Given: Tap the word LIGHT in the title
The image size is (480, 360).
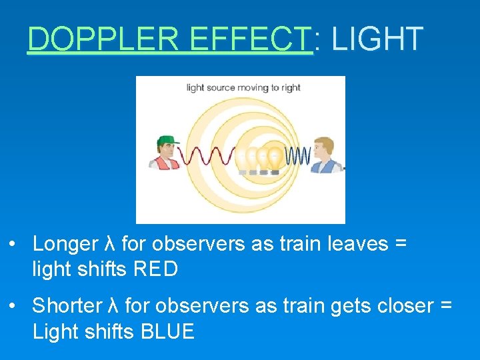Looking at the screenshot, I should click(x=377, y=39).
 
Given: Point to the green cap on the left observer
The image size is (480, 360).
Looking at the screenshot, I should click(x=170, y=140).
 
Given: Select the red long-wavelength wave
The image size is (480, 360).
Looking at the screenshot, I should click(x=207, y=156).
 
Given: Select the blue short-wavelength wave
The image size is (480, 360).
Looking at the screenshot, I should click(x=298, y=156).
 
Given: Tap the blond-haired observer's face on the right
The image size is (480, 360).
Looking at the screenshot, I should click(x=323, y=150).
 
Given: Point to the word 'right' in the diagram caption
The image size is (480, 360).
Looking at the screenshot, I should click(x=291, y=87).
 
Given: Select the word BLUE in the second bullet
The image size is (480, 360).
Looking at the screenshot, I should click(x=168, y=331).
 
